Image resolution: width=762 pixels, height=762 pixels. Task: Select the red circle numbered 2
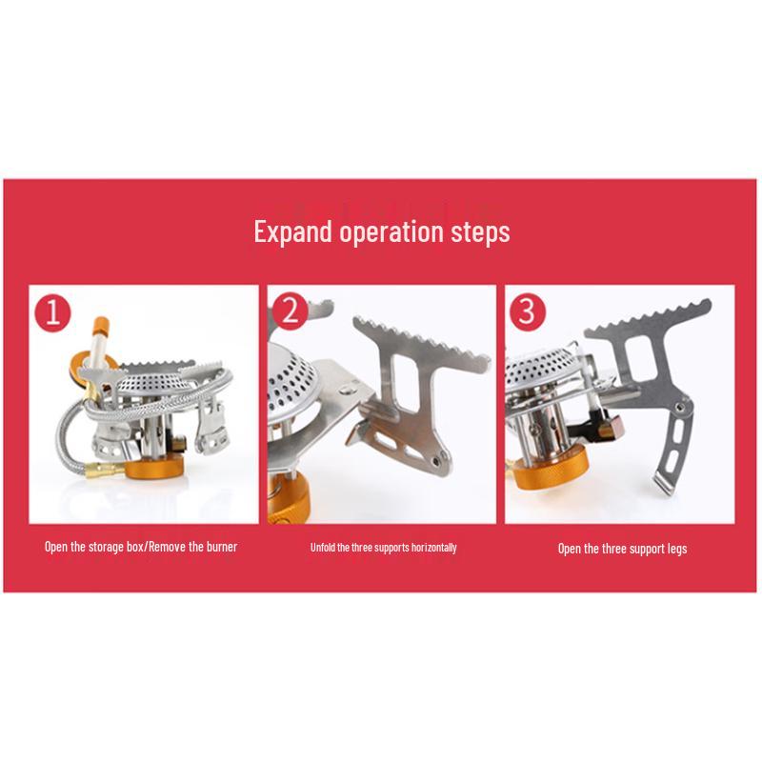point(289,311)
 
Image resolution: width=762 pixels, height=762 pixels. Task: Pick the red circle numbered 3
point(526,311)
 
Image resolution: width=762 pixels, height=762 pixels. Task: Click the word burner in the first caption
point(216,548)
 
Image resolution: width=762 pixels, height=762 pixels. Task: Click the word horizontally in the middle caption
point(433,548)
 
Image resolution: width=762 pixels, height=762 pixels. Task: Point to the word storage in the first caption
point(106,548)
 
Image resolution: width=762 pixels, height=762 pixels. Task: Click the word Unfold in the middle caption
point(324,548)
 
